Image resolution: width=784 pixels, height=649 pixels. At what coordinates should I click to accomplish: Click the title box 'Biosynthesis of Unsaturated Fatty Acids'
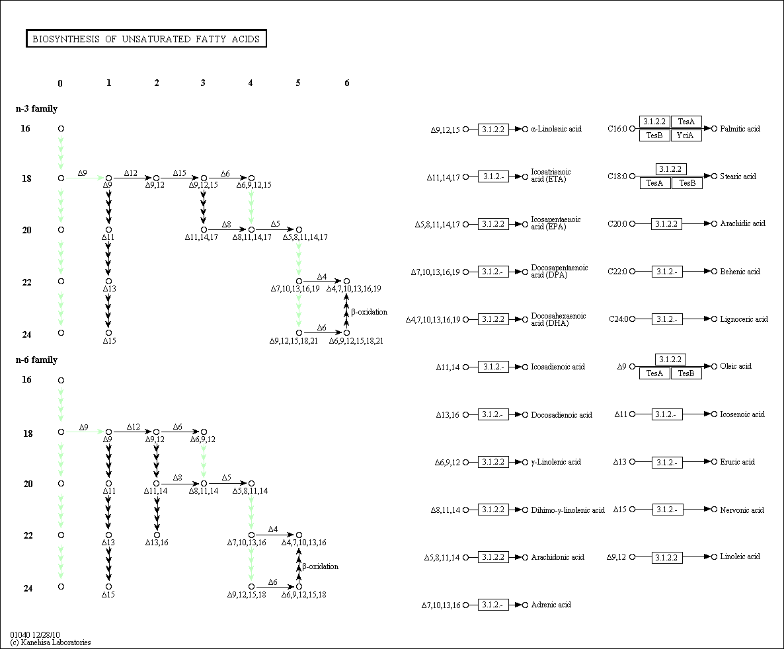(x=146, y=38)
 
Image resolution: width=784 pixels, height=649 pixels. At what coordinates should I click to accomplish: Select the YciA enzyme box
(x=686, y=135)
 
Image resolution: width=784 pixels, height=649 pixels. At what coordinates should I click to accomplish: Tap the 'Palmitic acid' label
(x=740, y=128)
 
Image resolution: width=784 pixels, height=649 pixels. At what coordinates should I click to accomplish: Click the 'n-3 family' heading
(x=36, y=108)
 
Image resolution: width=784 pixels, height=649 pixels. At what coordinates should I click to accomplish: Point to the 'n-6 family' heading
(x=36, y=360)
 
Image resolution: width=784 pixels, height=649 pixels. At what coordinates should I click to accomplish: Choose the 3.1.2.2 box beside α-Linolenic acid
(x=493, y=129)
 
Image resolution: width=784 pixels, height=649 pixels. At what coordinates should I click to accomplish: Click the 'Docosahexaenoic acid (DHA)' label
(x=559, y=319)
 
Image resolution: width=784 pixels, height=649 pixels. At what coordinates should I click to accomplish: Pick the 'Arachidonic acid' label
(x=557, y=557)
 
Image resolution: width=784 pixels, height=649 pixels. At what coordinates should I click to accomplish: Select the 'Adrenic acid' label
(x=551, y=605)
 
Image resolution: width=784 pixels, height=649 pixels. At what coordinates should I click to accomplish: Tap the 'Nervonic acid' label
(x=742, y=510)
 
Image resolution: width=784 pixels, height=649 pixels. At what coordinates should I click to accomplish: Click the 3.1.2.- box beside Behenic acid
(x=667, y=272)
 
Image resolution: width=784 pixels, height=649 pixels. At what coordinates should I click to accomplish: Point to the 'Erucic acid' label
(x=738, y=461)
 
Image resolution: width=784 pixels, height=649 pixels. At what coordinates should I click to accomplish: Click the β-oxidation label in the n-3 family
(x=369, y=312)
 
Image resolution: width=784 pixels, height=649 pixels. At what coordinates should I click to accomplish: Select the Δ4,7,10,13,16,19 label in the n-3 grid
(x=354, y=289)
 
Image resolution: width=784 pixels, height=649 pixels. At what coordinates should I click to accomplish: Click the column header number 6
(x=347, y=83)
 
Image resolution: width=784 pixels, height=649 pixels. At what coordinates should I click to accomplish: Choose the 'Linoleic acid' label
(x=740, y=556)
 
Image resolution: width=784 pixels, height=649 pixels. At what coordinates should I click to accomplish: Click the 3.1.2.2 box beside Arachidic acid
(x=667, y=223)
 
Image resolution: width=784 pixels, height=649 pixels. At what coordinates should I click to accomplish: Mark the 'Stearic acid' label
(x=738, y=176)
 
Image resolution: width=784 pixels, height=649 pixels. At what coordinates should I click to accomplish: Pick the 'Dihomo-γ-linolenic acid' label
(x=568, y=510)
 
